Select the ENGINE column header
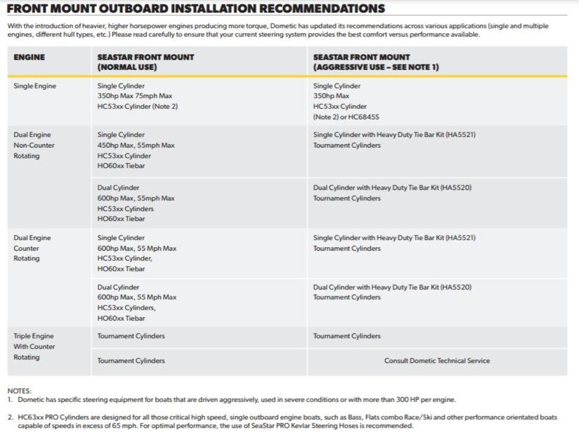click(29, 57)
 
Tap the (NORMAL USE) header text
click(127, 67)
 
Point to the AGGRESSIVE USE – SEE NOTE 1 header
click(376, 67)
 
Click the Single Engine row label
click(35, 86)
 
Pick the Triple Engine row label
click(34, 336)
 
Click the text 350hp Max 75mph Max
click(134, 96)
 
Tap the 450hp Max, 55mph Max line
click(135, 145)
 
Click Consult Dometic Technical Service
click(437, 361)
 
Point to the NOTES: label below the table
click(19, 391)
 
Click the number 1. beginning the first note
click(10, 400)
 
